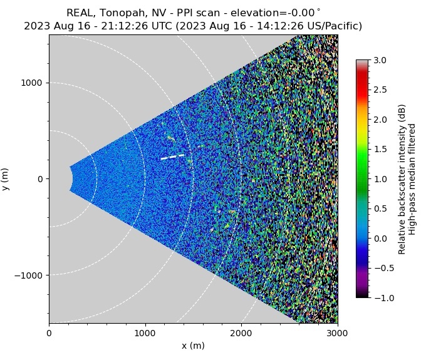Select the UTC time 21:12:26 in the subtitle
point(120,26)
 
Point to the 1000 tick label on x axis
point(145,333)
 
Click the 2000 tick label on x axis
point(241,333)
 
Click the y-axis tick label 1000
point(33,83)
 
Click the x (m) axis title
point(193,346)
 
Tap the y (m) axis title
point(6,179)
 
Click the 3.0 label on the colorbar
point(380,61)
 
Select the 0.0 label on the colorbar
point(380,239)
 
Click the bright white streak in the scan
point(173,157)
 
